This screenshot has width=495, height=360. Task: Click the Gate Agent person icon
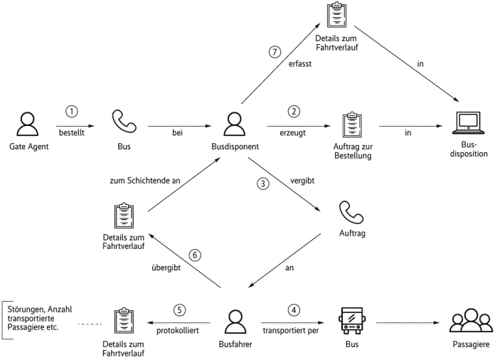click(28, 124)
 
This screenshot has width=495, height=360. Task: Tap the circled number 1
click(72, 112)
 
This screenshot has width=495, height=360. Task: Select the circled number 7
click(275, 52)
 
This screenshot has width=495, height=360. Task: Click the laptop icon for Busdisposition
click(468, 123)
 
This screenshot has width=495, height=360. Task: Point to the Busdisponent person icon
click(235, 124)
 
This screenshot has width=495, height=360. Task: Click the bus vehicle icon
click(352, 321)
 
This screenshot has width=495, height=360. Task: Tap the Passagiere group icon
click(471, 320)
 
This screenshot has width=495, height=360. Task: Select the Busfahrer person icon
click(235, 322)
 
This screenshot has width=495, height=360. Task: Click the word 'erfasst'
click(300, 64)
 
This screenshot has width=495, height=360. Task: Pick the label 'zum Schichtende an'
click(145, 181)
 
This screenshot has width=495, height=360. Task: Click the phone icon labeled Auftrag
click(351, 213)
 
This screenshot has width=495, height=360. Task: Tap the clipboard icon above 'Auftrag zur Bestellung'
click(352, 125)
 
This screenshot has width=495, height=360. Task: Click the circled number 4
click(294, 310)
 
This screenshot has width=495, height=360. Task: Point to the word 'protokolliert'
click(178, 331)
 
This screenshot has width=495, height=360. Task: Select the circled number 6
click(195, 255)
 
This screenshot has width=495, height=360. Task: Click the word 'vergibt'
click(302, 181)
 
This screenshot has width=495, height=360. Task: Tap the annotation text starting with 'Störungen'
click(40, 318)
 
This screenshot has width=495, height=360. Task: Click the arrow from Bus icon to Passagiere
click(408, 323)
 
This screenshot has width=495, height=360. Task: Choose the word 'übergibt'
click(166, 268)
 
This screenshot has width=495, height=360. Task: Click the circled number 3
click(263, 184)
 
